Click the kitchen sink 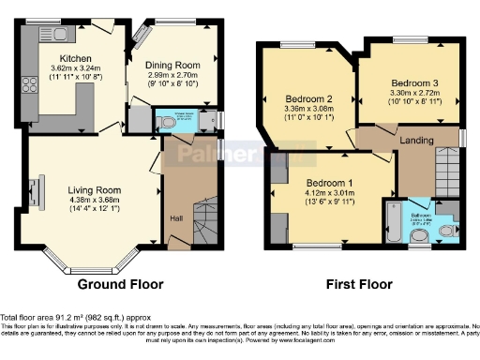click(x=62, y=35)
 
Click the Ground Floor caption click(x=120, y=284)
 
